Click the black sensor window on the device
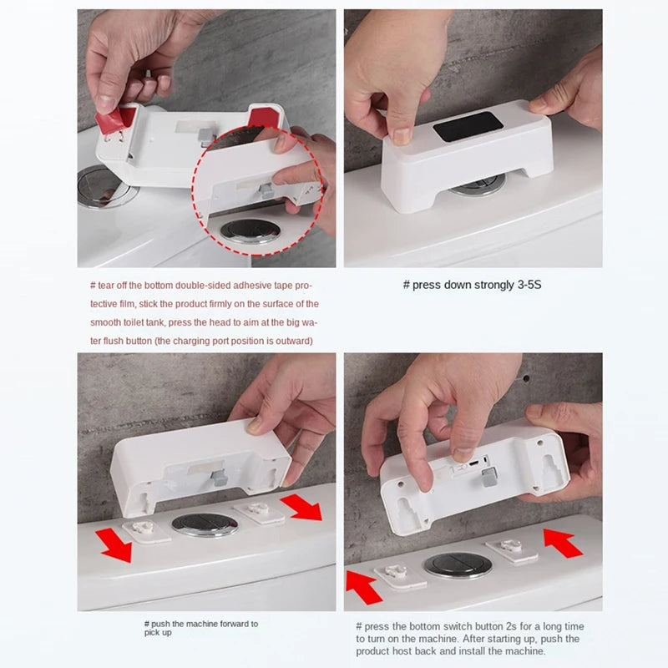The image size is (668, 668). [468, 127]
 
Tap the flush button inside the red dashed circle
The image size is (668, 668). [250, 231]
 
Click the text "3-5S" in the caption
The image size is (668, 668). [529, 285]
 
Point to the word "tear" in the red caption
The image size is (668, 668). [106, 286]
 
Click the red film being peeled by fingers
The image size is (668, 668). [114, 119]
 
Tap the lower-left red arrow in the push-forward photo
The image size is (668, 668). [114, 545]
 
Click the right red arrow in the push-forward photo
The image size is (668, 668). [302, 508]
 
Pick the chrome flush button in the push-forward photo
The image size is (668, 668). [205, 524]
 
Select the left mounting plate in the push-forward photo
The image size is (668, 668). [146, 531]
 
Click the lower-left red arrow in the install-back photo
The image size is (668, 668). [363, 588]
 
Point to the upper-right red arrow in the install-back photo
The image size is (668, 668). [563, 543]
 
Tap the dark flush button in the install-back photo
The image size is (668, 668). [458, 566]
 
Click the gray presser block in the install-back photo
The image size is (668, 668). [489, 477]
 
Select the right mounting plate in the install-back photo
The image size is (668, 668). [512, 550]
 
